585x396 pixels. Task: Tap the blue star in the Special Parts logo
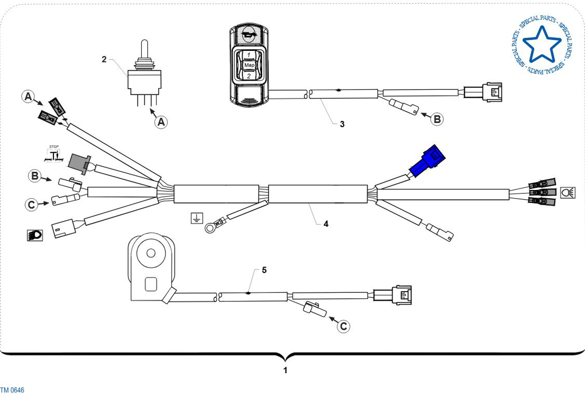(x=542, y=44)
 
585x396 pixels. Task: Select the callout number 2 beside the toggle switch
(x=104, y=59)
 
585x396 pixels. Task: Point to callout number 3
(x=342, y=124)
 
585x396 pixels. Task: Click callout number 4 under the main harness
(x=326, y=224)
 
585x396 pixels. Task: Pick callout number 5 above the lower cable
(x=264, y=270)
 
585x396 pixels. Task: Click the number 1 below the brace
(x=286, y=370)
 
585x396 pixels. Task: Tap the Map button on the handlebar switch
(x=249, y=65)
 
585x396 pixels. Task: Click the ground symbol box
(x=197, y=218)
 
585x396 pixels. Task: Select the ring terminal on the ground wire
(x=210, y=228)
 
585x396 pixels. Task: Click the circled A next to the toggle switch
(x=161, y=122)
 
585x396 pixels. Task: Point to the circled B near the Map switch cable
(x=437, y=119)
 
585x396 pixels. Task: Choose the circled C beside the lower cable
(x=343, y=326)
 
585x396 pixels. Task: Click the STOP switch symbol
(x=54, y=154)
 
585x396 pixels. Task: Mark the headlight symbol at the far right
(x=568, y=193)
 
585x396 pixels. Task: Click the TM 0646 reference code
(x=12, y=390)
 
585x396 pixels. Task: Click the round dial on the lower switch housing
(x=151, y=253)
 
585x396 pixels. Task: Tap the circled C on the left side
(x=31, y=205)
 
